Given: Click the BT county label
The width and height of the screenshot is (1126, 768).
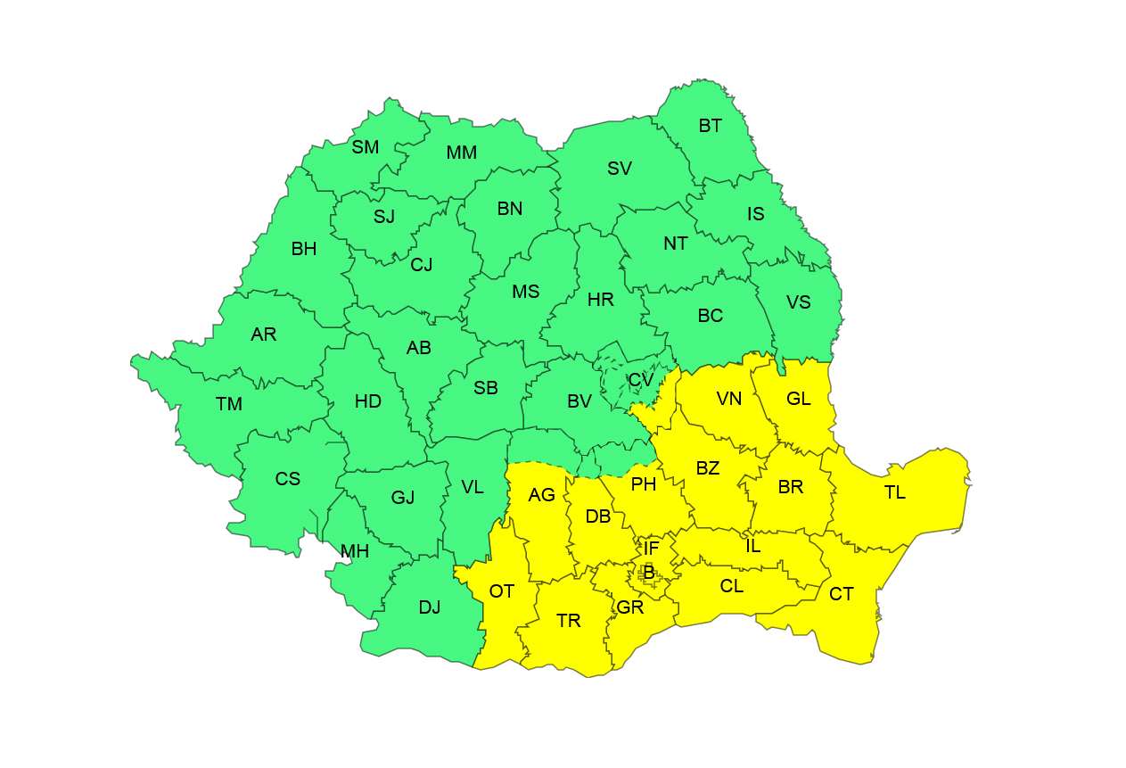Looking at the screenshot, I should (711, 126).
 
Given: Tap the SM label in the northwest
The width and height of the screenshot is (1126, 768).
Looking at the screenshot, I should (366, 147).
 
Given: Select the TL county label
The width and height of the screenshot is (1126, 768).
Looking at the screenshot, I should (895, 492).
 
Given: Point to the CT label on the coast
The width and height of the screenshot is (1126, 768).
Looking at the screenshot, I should (842, 594).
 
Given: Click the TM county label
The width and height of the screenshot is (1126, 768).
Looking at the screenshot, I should (229, 404).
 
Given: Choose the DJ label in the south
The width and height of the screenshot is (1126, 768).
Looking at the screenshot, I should (430, 607).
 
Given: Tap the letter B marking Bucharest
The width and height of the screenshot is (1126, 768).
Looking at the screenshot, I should (649, 571).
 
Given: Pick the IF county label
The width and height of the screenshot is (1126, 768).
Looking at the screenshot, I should (652, 549).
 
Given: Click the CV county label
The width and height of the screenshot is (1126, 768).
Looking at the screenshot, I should (641, 379).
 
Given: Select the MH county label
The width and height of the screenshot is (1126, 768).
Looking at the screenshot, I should (355, 551).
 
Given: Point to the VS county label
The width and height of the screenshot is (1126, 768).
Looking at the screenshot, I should (799, 302).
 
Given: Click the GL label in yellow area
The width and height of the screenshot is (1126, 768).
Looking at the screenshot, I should (799, 399).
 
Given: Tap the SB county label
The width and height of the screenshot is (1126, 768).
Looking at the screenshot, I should (486, 388).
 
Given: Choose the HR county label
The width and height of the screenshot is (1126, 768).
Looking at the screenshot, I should (601, 300).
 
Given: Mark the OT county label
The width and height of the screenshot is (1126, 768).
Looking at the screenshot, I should (502, 590).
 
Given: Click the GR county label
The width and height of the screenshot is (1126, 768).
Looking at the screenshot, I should (630, 607).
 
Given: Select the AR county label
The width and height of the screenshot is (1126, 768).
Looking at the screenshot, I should (264, 334).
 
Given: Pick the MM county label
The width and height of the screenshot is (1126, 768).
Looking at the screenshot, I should (462, 153).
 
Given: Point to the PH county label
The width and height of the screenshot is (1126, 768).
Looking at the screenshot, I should (644, 484).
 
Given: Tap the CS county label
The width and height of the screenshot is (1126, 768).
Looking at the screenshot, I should (288, 479).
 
